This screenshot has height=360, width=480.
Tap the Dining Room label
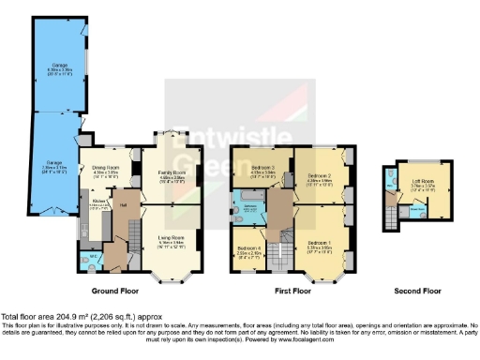[104, 172]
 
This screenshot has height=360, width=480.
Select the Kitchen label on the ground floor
[97, 202]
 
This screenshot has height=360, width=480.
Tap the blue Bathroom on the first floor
[251, 207]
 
